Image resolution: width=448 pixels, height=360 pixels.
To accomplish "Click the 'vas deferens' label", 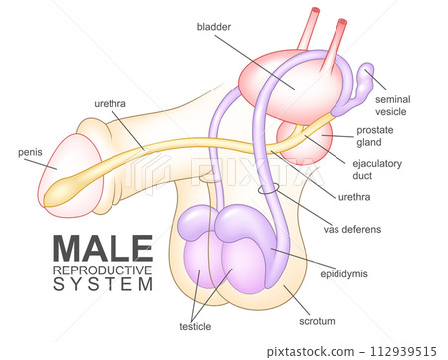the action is [x=352, y=229].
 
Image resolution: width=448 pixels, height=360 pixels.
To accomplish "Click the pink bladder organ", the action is [x=289, y=85].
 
